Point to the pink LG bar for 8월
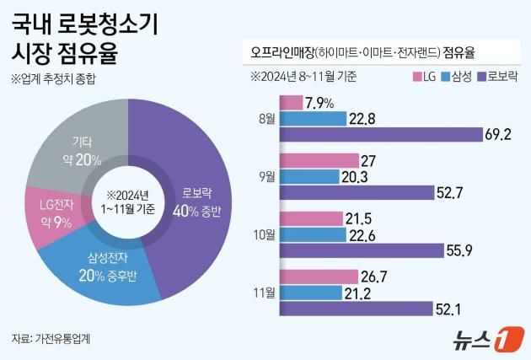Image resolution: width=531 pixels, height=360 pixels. click(x=290, y=103)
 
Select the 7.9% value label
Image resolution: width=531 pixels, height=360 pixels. click(x=320, y=103)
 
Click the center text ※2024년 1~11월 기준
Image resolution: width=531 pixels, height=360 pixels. click(x=127, y=202)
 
